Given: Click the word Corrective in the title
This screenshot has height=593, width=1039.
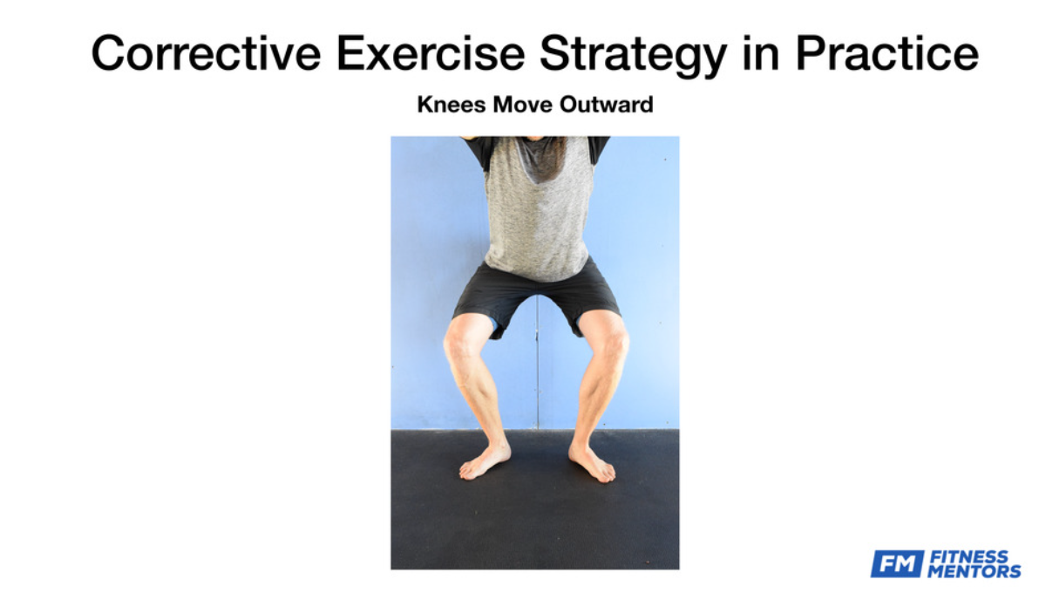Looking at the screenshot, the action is pos(206,53).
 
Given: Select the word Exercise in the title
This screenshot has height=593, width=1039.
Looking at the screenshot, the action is pos(431,53).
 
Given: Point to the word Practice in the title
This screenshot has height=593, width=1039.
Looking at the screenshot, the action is pos(887,53).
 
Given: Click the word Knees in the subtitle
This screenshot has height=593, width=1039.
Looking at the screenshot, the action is pos(452,104).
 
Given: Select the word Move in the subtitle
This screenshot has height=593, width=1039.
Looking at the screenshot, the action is pos(523,104).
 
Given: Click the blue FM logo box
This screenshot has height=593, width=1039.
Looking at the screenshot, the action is pos(897,564).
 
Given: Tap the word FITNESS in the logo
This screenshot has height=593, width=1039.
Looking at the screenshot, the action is pos(968,557).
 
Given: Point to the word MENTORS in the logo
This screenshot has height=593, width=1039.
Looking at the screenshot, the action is pos(974,571).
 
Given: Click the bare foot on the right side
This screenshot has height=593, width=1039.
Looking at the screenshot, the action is pos(592,463).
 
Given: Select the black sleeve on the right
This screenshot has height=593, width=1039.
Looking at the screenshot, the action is pos(598,150).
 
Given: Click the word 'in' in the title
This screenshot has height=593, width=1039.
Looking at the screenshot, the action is pos(760,53).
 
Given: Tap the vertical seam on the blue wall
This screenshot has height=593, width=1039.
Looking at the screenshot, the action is pos(538,371).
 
